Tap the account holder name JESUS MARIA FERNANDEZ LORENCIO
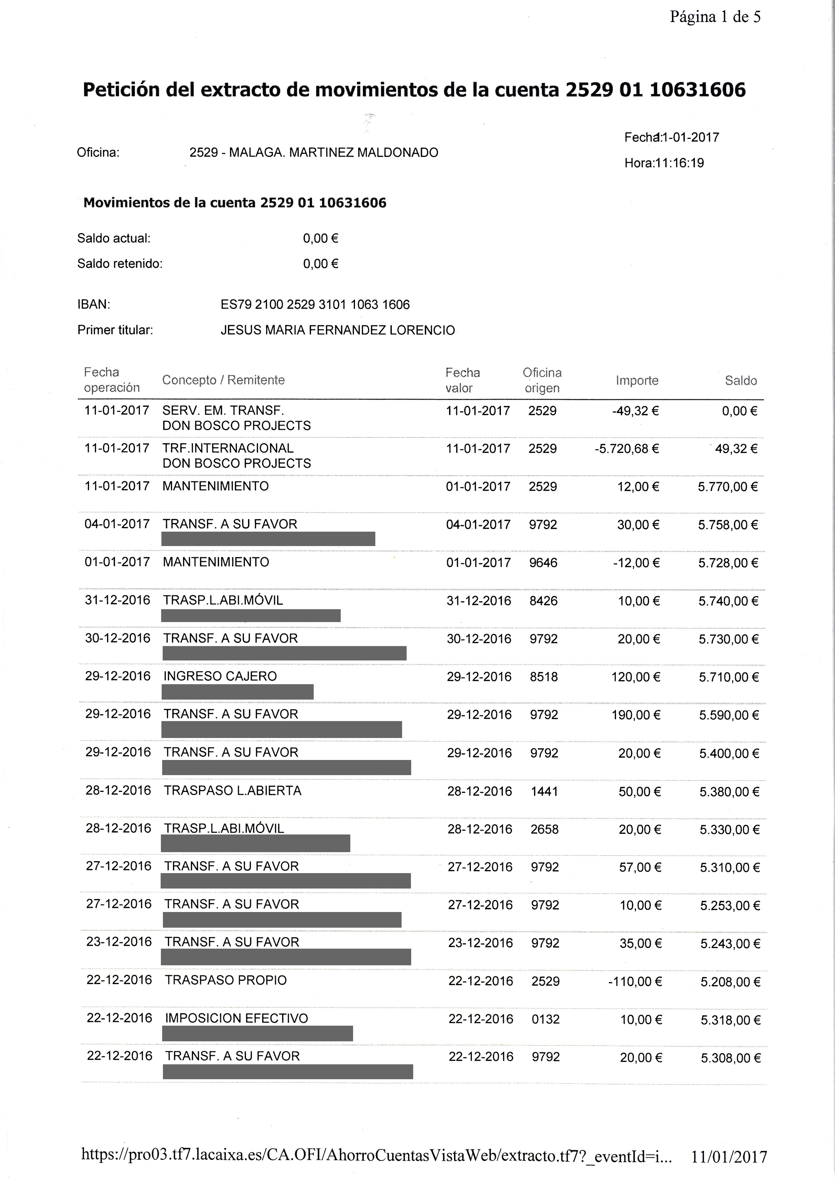337,330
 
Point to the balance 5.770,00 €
727,487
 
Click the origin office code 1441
544,791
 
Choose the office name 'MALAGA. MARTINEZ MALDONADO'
333,153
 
